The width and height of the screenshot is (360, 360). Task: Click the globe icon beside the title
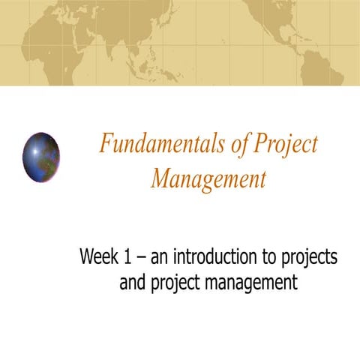click(x=41, y=156)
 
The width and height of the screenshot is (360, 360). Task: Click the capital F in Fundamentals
click(x=106, y=144)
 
